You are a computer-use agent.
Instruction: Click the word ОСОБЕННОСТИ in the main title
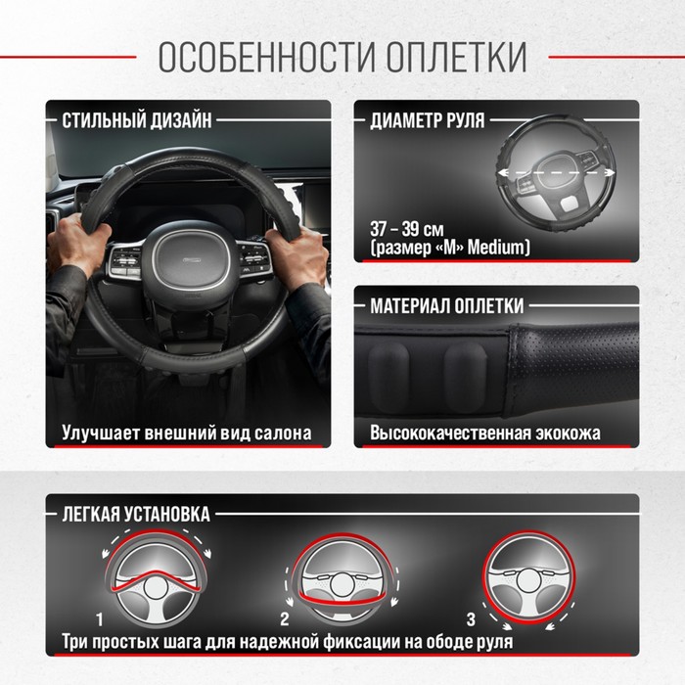[267, 57]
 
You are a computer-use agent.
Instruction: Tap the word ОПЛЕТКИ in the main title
[457, 57]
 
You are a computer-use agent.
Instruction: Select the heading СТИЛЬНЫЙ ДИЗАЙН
[137, 120]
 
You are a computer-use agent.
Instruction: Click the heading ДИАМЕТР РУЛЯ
[428, 120]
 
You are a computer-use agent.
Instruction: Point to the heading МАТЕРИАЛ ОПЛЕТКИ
[447, 305]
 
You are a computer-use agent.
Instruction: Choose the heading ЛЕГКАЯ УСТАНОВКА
[136, 514]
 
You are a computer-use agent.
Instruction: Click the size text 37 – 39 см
[407, 229]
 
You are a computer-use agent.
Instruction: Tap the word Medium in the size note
[496, 248]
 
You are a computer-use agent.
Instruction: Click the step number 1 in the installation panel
[100, 619]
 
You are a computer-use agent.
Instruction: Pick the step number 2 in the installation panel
[285, 619]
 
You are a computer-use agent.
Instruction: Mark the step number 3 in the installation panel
[471, 619]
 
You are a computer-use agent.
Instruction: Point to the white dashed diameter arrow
[557, 173]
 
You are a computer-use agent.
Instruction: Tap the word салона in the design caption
[283, 433]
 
